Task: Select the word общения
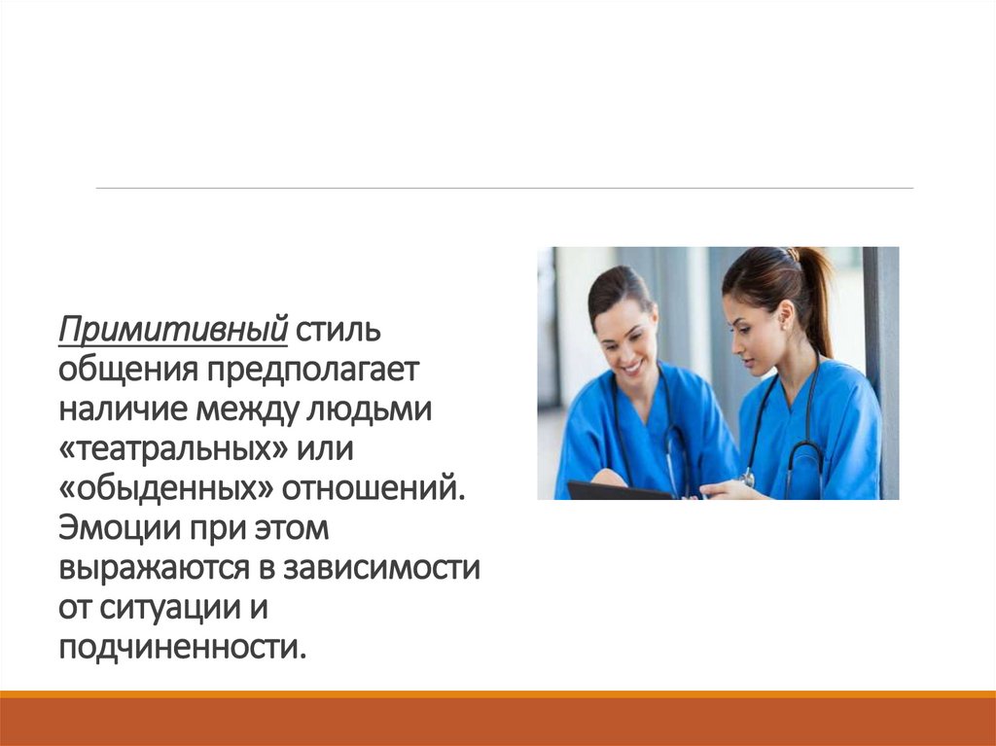(x=127, y=369)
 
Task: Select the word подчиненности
(x=182, y=646)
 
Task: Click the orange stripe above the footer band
(x=498, y=693)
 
